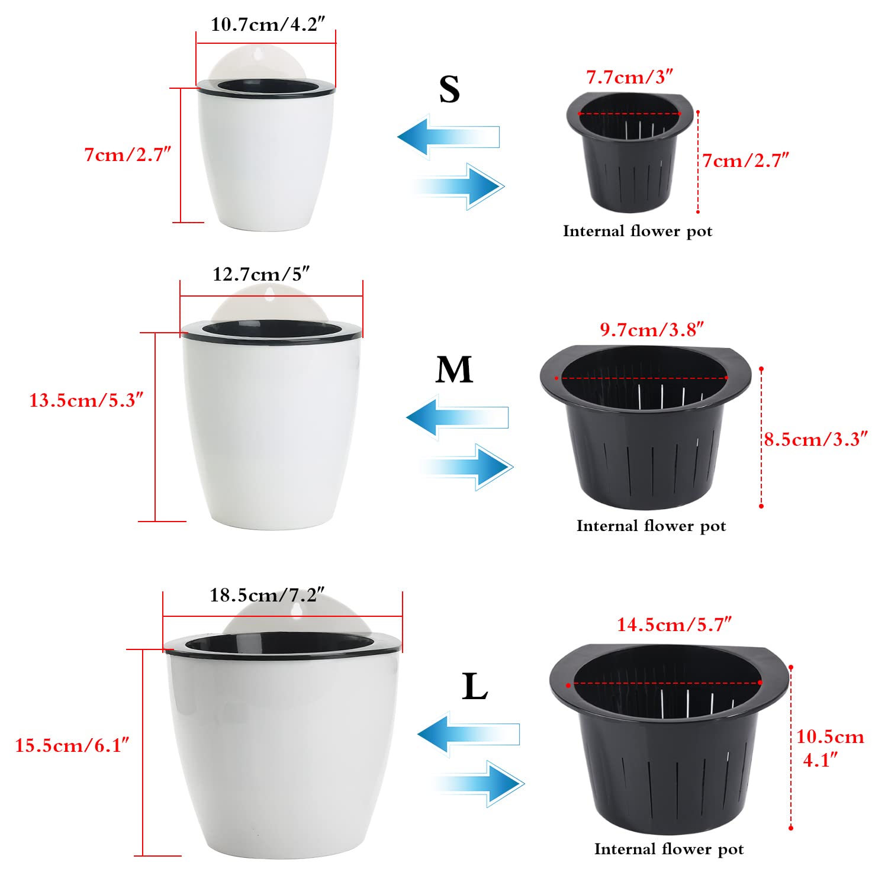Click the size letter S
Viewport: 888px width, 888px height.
coord(449,89)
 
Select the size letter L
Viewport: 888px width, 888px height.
coord(475,687)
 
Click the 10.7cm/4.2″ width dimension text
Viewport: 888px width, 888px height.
coord(268,24)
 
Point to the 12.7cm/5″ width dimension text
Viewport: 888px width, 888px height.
coord(261,274)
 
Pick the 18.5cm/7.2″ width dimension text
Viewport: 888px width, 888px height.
coord(267,594)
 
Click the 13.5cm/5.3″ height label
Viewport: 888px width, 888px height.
coord(86,400)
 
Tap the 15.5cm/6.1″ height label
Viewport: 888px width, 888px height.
coord(72,745)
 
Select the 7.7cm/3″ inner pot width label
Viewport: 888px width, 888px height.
coord(630,77)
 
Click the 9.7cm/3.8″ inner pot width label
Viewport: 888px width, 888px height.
coord(652,329)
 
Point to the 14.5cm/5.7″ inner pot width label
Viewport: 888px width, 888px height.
coord(674,624)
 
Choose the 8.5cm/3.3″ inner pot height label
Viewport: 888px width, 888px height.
coord(816,439)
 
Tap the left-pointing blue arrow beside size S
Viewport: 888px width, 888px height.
coord(449,137)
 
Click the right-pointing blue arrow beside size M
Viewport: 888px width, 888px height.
coord(467,466)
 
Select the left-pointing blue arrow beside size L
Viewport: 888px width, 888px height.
coord(468,734)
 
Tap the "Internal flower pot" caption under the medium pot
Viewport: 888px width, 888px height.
coord(651,526)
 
